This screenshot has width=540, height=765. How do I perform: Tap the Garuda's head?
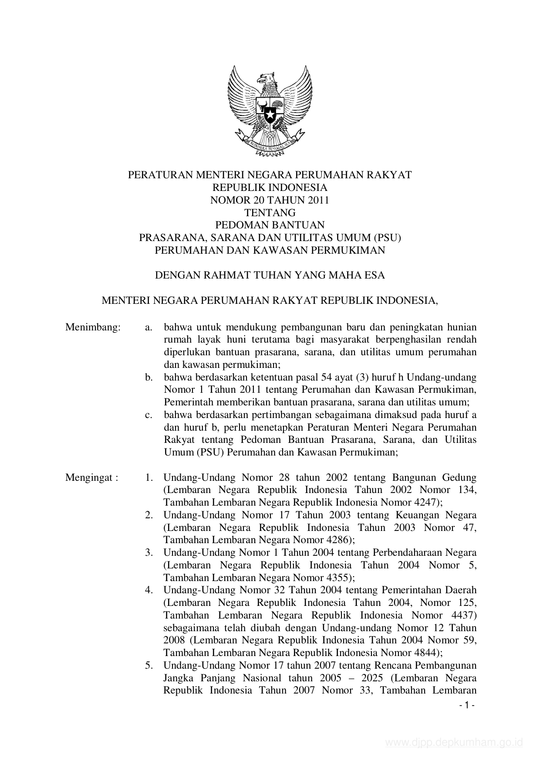[x=266, y=80]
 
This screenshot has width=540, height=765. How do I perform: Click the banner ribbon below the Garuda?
[x=270, y=144]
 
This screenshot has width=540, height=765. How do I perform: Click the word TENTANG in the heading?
[x=270, y=213]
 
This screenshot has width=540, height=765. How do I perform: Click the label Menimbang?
[x=93, y=327]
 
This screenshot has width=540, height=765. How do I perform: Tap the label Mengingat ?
[x=92, y=477]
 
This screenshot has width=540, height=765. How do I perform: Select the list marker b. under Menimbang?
[x=149, y=377]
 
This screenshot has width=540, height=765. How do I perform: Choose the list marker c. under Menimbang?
[x=149, y=415]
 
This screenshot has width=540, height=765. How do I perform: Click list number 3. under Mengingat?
[x=149, y=553]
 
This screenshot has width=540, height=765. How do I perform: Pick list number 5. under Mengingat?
[x=149, y=666]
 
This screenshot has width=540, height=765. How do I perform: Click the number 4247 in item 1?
[x=428, y=502]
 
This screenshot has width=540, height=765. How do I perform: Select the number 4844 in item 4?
[x=428, y=653]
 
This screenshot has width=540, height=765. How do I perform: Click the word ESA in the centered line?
[x=375, y=275]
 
